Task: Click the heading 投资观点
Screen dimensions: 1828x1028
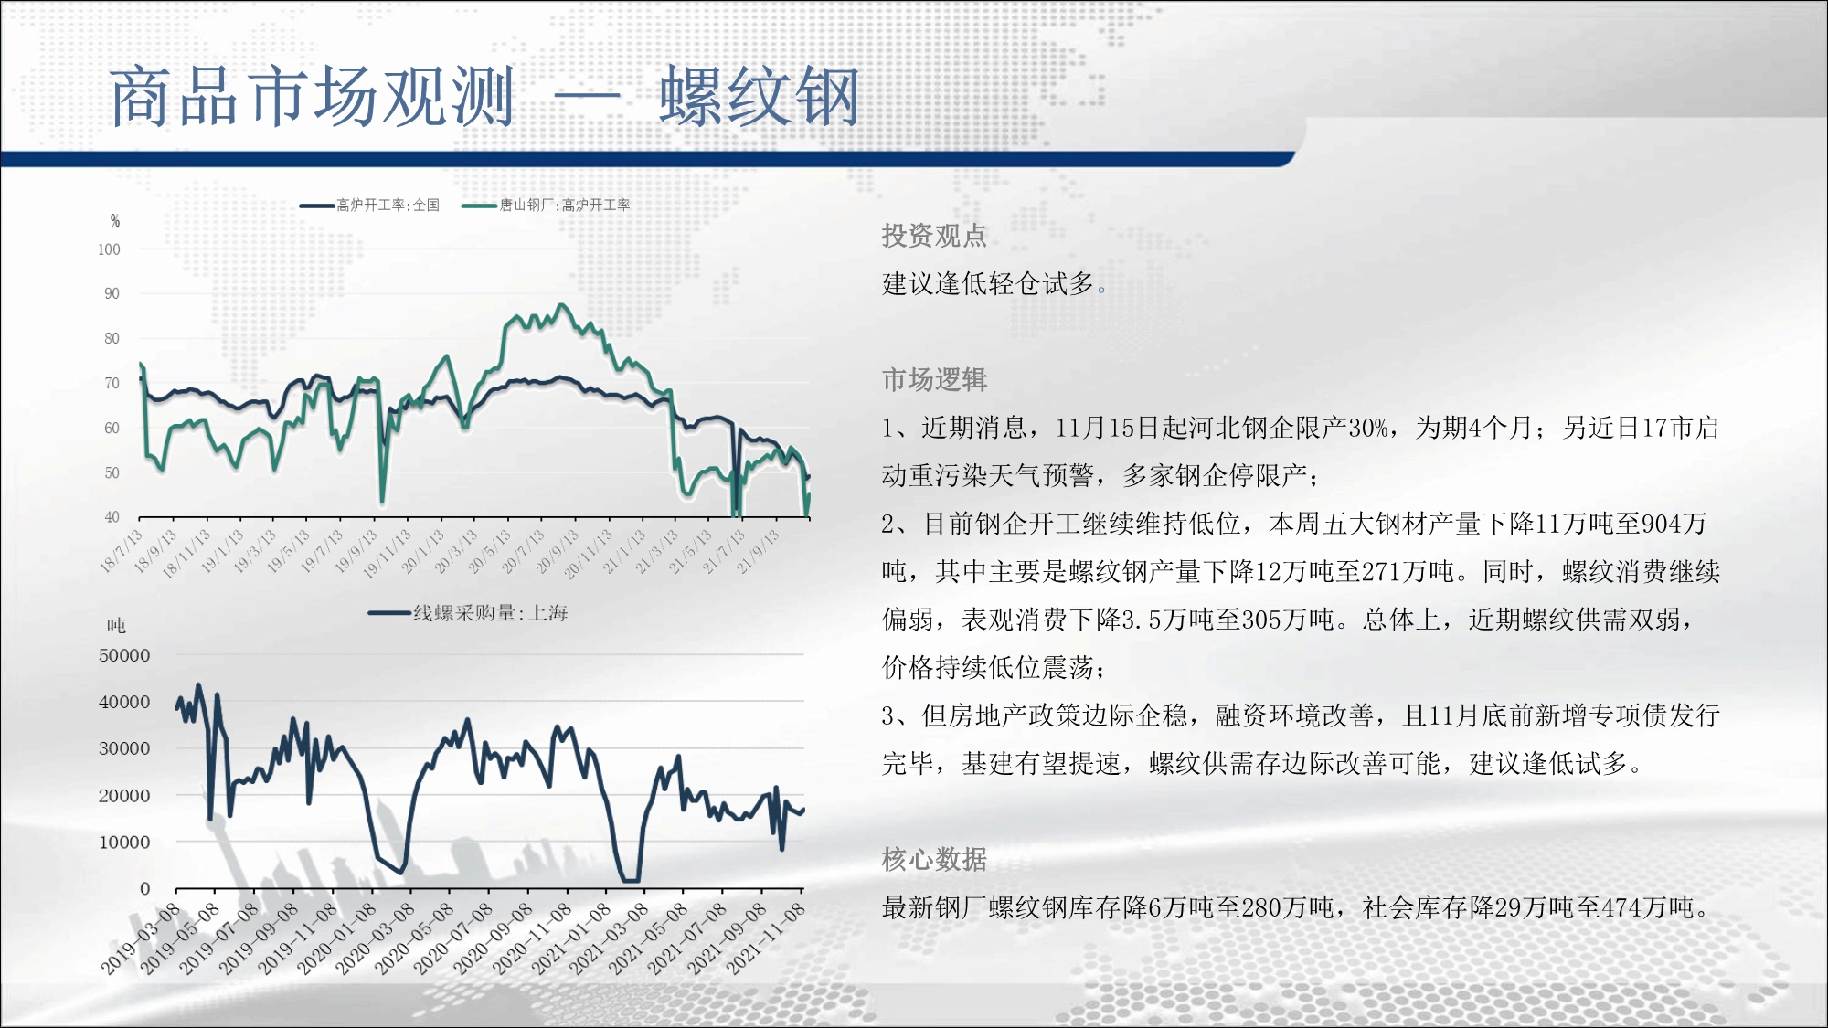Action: (934, 236)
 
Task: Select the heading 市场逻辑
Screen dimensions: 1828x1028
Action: (934, 379)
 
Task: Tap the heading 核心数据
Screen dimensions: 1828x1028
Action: (934, 859)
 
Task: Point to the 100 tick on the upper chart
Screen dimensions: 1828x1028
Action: (109, 249)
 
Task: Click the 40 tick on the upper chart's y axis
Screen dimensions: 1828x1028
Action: (112, 517)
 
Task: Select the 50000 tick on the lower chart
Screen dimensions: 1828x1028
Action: (124, 655)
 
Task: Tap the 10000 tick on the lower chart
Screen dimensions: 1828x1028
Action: (124, 843)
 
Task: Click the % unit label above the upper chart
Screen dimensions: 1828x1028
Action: (115, 220)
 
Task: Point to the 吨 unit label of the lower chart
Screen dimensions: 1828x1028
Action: (116, 626)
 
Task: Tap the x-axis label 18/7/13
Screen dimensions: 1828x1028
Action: (122, 551)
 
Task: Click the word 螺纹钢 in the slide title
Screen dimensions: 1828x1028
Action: (760, 97)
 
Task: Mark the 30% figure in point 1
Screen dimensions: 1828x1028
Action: (1368, 428)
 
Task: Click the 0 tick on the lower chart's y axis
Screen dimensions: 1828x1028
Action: (144, 889)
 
